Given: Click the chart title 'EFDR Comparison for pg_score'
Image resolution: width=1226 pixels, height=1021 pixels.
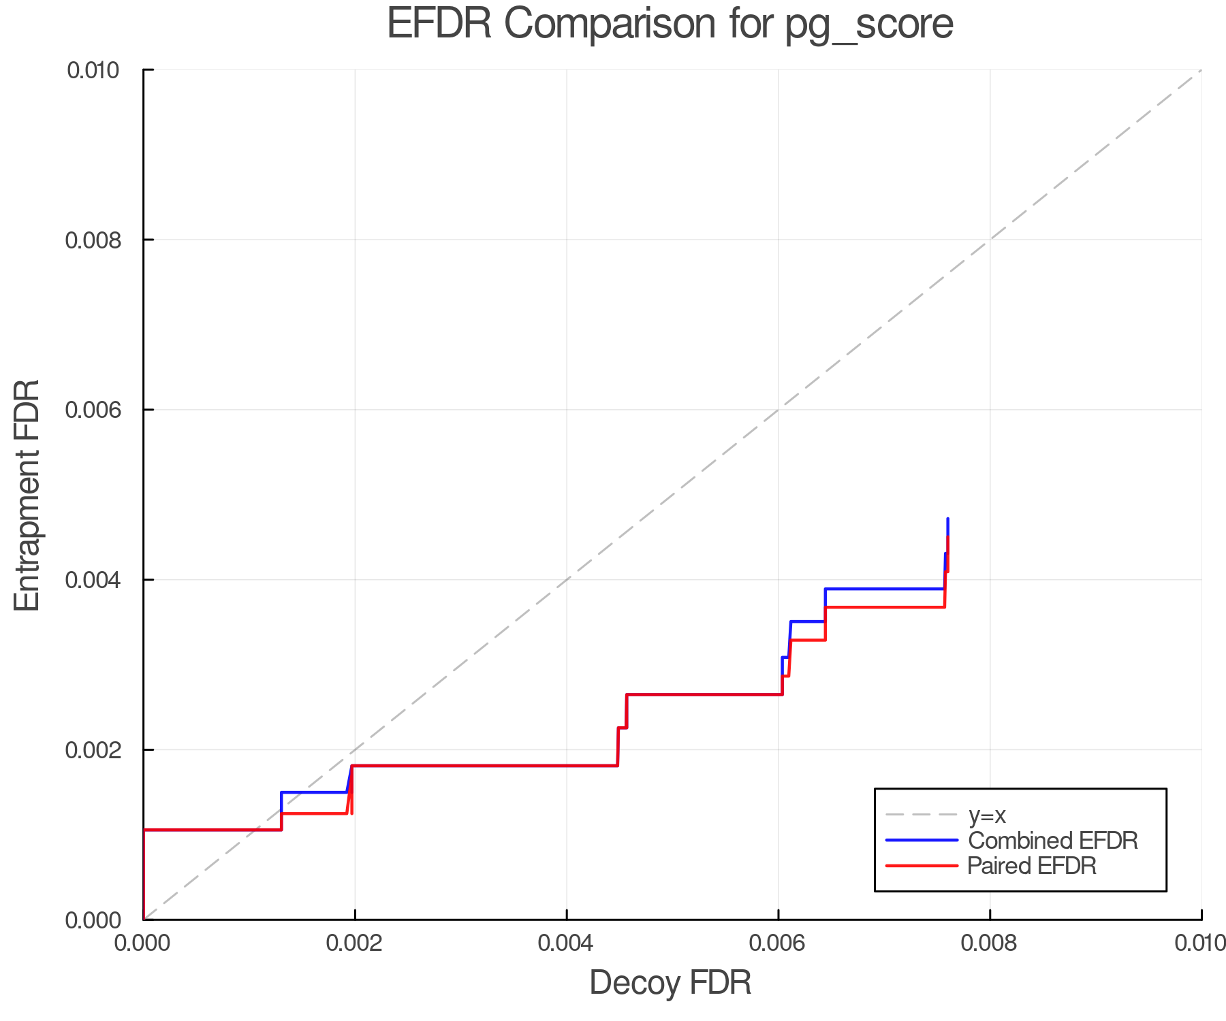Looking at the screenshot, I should [670, 25].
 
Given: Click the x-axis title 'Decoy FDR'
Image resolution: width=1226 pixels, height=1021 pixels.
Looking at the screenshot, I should [670, 983].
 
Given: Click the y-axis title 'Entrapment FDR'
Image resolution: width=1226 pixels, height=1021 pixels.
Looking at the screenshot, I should [27, 495].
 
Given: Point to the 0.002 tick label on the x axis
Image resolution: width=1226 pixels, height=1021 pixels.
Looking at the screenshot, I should [355, 943].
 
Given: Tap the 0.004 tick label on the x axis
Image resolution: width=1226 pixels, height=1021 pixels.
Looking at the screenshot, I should [567, 943].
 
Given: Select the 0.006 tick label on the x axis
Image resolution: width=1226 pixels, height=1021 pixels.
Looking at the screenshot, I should [778, 943].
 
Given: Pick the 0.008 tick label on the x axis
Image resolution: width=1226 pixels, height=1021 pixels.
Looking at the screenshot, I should [990, 943].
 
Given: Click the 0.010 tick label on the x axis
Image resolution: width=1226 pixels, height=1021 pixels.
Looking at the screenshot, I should [1200, 943].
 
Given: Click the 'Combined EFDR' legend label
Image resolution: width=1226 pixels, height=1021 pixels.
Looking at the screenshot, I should [1053, 841].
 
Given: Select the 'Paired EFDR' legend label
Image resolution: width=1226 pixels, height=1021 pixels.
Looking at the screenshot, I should [1032, 866].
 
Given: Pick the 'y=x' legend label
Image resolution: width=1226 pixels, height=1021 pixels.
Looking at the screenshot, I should [987, 815].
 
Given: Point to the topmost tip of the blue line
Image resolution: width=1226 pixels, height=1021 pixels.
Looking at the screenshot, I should [947, 519].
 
